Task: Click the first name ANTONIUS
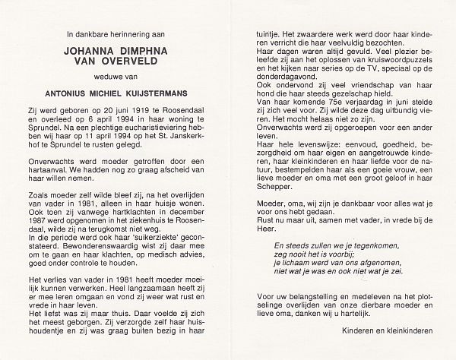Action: (65, 99)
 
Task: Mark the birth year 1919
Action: (129, 119)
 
